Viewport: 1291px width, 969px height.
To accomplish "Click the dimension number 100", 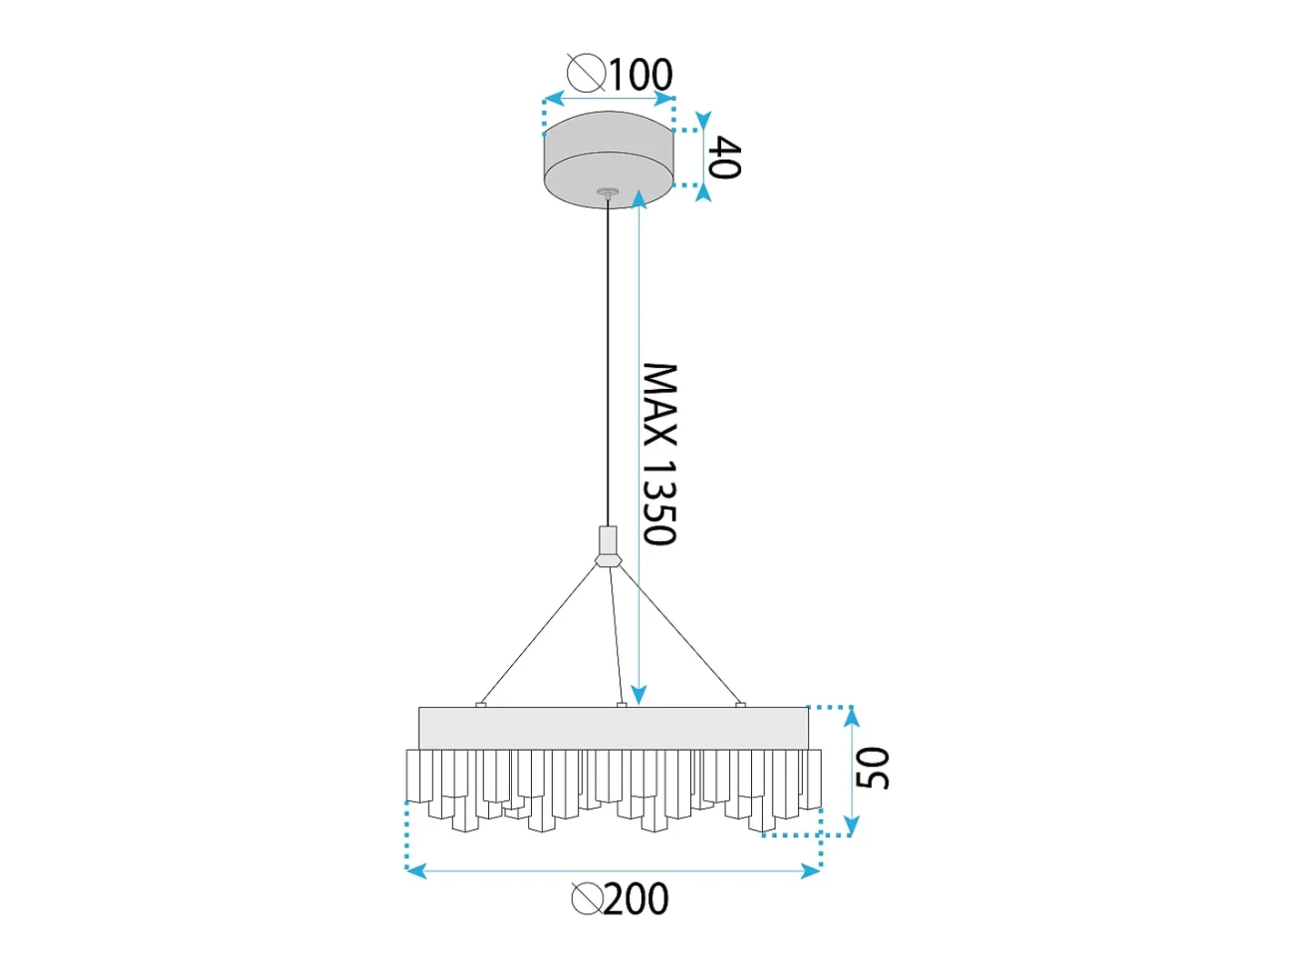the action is click(639, 75).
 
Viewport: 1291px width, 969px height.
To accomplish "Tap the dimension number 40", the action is click(724, 156).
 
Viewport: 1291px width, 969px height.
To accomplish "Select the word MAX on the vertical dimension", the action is click(659, 405).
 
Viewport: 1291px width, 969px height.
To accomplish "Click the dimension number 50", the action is click(872, 767).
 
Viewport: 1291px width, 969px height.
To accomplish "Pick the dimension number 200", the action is click(635, 898).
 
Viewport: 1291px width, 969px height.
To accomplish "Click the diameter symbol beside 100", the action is click(586, 73).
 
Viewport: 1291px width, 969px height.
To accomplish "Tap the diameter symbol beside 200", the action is click(587, 898).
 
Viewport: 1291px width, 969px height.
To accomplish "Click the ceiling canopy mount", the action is click(608, 159).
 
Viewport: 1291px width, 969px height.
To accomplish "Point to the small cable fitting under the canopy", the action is click(608, 192).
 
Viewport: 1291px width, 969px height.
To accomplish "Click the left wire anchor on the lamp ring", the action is click(481, 704).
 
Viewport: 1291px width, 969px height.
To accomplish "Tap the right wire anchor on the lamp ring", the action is click(740, 704).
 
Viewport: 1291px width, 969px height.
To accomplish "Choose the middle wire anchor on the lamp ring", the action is click(622, 704).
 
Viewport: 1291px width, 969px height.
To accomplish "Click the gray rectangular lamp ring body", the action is click(614, 728).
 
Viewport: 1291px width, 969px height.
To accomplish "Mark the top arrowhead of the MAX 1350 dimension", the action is click(639, 199).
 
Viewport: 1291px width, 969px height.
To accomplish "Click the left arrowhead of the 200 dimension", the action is click(416, 871).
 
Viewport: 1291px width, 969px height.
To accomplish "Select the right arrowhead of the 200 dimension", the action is click(811, 871).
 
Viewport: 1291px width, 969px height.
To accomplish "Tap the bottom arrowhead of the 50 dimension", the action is click(852, 825).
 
